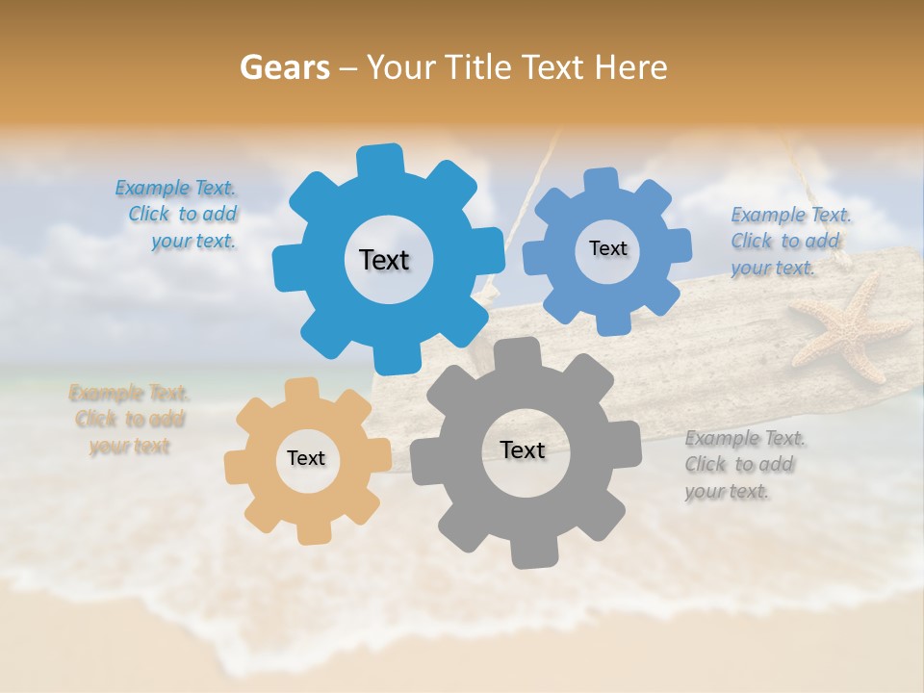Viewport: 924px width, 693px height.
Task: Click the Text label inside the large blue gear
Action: (384, 260)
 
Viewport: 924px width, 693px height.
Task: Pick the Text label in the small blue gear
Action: (607, 248)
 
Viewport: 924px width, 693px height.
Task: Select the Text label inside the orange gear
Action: (306, 458)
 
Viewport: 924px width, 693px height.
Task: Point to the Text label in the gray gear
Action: (523, 449)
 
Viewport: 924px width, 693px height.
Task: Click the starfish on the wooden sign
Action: (851, 327)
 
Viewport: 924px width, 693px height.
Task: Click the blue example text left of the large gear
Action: (181, 215)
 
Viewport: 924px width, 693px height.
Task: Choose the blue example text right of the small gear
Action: (789, 241)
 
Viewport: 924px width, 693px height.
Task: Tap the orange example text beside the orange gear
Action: (129, 420)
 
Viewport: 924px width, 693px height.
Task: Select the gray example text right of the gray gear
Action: (743, 465)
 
